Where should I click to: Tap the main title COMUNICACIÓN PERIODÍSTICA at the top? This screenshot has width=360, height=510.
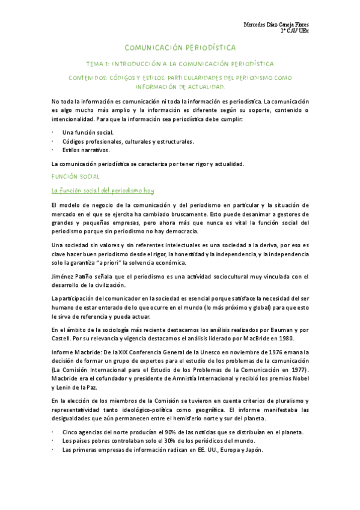tap(180, 47)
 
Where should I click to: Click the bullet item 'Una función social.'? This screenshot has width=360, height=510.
tap(88, 131)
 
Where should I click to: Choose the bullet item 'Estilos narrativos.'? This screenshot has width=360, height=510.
tap(86, 150)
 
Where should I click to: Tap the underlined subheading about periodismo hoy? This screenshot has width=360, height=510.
tap(103, 191)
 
